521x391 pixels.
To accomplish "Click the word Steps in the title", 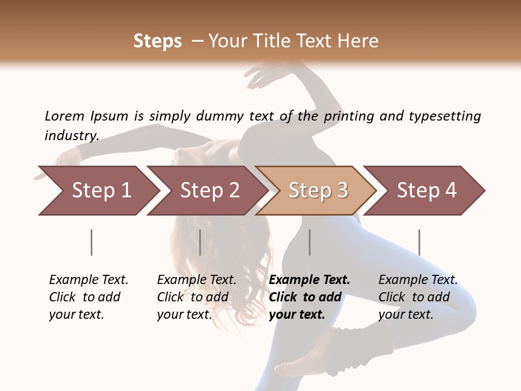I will pos(157,41).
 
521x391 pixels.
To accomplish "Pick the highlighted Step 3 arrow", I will pos(316,191).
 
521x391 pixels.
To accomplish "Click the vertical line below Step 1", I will pos(92,242).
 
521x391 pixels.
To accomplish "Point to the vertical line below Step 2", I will pos(200,242).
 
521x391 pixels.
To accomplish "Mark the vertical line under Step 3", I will pos(310,242).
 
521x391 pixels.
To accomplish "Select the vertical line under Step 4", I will pos(419,242).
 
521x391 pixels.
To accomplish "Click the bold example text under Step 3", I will pos(309,297).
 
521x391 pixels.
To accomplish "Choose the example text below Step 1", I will pos(88,297).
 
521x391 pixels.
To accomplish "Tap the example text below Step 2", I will pos(196,297).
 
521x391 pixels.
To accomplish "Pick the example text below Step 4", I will pos(418,297).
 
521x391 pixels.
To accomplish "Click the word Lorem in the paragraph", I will pos(65,116).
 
